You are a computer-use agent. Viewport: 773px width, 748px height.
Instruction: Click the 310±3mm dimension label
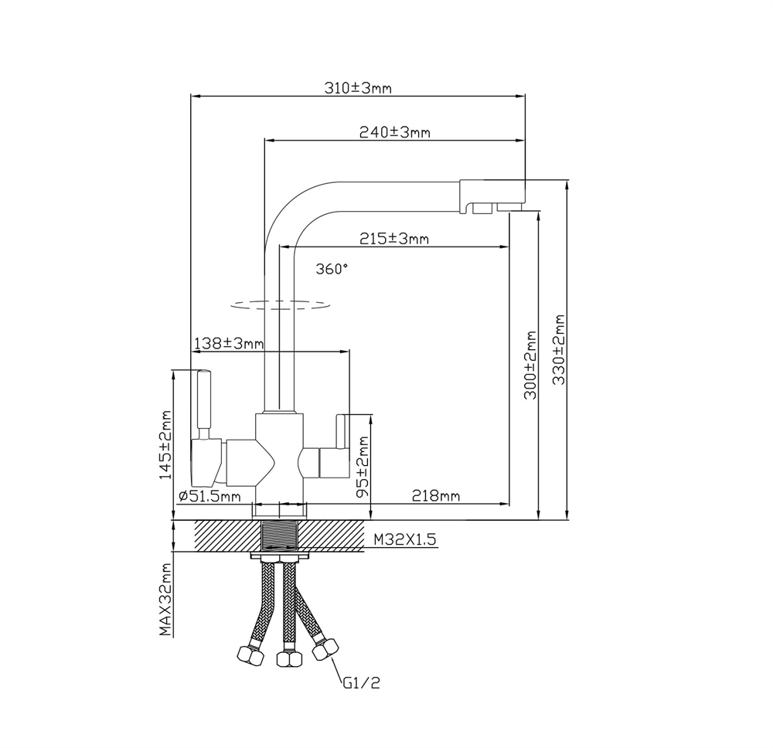[357, 88]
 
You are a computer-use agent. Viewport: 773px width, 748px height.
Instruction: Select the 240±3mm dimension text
[394, 132]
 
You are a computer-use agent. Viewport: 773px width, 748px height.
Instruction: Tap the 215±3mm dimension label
[393, 239]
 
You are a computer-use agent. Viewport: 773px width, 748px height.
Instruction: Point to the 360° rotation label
[332, 269]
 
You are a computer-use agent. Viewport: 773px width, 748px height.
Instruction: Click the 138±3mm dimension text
[229, 342]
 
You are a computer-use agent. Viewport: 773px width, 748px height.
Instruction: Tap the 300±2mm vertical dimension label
[531, 365]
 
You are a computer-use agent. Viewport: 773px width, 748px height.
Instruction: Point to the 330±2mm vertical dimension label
[559, 349]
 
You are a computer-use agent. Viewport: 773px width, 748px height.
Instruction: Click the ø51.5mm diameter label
[209, 496]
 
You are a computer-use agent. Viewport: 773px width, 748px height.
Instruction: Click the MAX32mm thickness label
[165, 599]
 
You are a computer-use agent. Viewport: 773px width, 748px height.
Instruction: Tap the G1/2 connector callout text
[361, 683]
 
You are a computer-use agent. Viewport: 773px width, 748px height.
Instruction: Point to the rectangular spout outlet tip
[492, 196]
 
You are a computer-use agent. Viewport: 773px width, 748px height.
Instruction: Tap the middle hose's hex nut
[288, 659]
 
